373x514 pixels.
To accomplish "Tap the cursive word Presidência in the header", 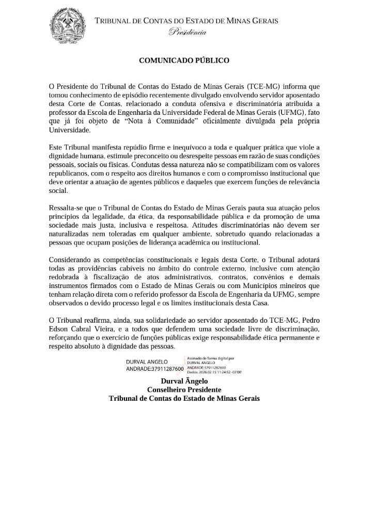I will pyautogui.click(x=187, y=33).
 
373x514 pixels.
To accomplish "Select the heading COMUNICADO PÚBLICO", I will pyautogui.click(x=184, y=61).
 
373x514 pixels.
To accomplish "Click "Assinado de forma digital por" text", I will pyautogui.click(x=211, y=358).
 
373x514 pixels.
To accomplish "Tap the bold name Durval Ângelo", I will pyautogui.click(x=184, y=381).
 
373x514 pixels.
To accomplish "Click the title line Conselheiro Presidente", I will pyautogui.click(x=184, y=389).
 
